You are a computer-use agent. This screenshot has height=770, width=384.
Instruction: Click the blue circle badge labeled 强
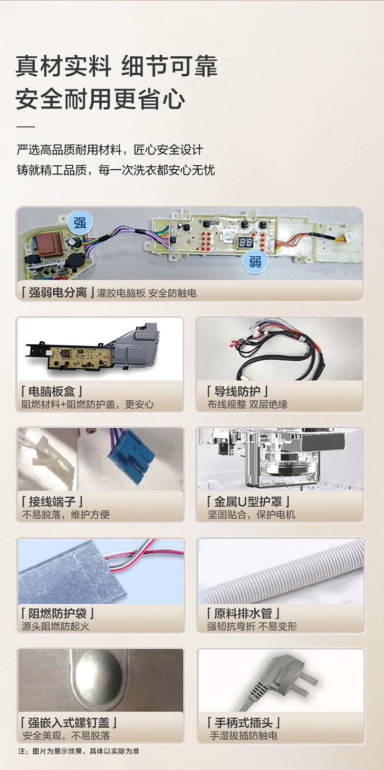pyautogui.click(x=80, y=223)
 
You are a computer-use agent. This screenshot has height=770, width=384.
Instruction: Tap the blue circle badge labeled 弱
pyautogui.click(x=254, y=261)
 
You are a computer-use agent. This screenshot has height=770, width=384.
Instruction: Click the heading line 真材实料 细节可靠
pyautogui.click(x=116, y=67)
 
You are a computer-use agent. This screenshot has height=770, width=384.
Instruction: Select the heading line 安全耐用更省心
pyautogui.click(x=100, y=99)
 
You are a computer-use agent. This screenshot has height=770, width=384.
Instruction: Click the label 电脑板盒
pyautogui.click(x=52, y=391)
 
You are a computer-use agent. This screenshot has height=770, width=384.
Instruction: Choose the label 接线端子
pyautogui.click(x=52, y=501)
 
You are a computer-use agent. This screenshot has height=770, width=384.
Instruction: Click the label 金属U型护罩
pyautogui.click(x=248, y=501)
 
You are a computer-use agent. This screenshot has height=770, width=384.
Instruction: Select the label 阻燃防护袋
pyautogui.click(x=57, y=613)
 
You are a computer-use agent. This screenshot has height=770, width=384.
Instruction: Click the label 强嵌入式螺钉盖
pyautogui.click(x=69, y=722)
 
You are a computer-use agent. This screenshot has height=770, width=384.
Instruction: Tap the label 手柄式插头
pyautogui.click(x=243, y=722)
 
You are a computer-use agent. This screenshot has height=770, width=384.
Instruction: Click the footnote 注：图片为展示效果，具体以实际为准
pyautogui.click(x=79, y=751)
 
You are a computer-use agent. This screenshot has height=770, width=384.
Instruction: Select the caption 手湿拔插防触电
pyautogui.click(x=243, y=736)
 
